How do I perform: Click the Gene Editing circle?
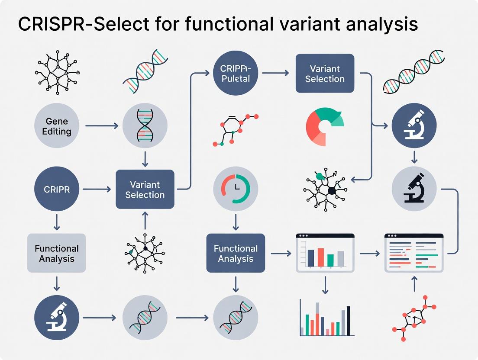[x=57, y=125]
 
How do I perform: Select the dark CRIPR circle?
[x=57, y=190]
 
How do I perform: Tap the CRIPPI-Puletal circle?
[x=236, y=74]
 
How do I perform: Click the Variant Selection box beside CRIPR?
[x=145, y=190]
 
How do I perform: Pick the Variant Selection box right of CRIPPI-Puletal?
[x=325, y=74]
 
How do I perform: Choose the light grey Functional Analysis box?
[x=57, y=254]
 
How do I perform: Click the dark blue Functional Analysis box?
[x=236, y=254]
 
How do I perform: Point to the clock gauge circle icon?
[x=236, y=190]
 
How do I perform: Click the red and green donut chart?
[x=324, y=126]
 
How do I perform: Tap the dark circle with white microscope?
[x=414, y=126]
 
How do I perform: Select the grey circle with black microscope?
[x=414, y=190]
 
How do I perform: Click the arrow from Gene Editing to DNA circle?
[x=102, y=126]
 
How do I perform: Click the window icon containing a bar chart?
[x=325, y=253]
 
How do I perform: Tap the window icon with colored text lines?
[x=414, y=253]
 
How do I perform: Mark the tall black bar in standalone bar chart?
[x=348, y=321]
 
